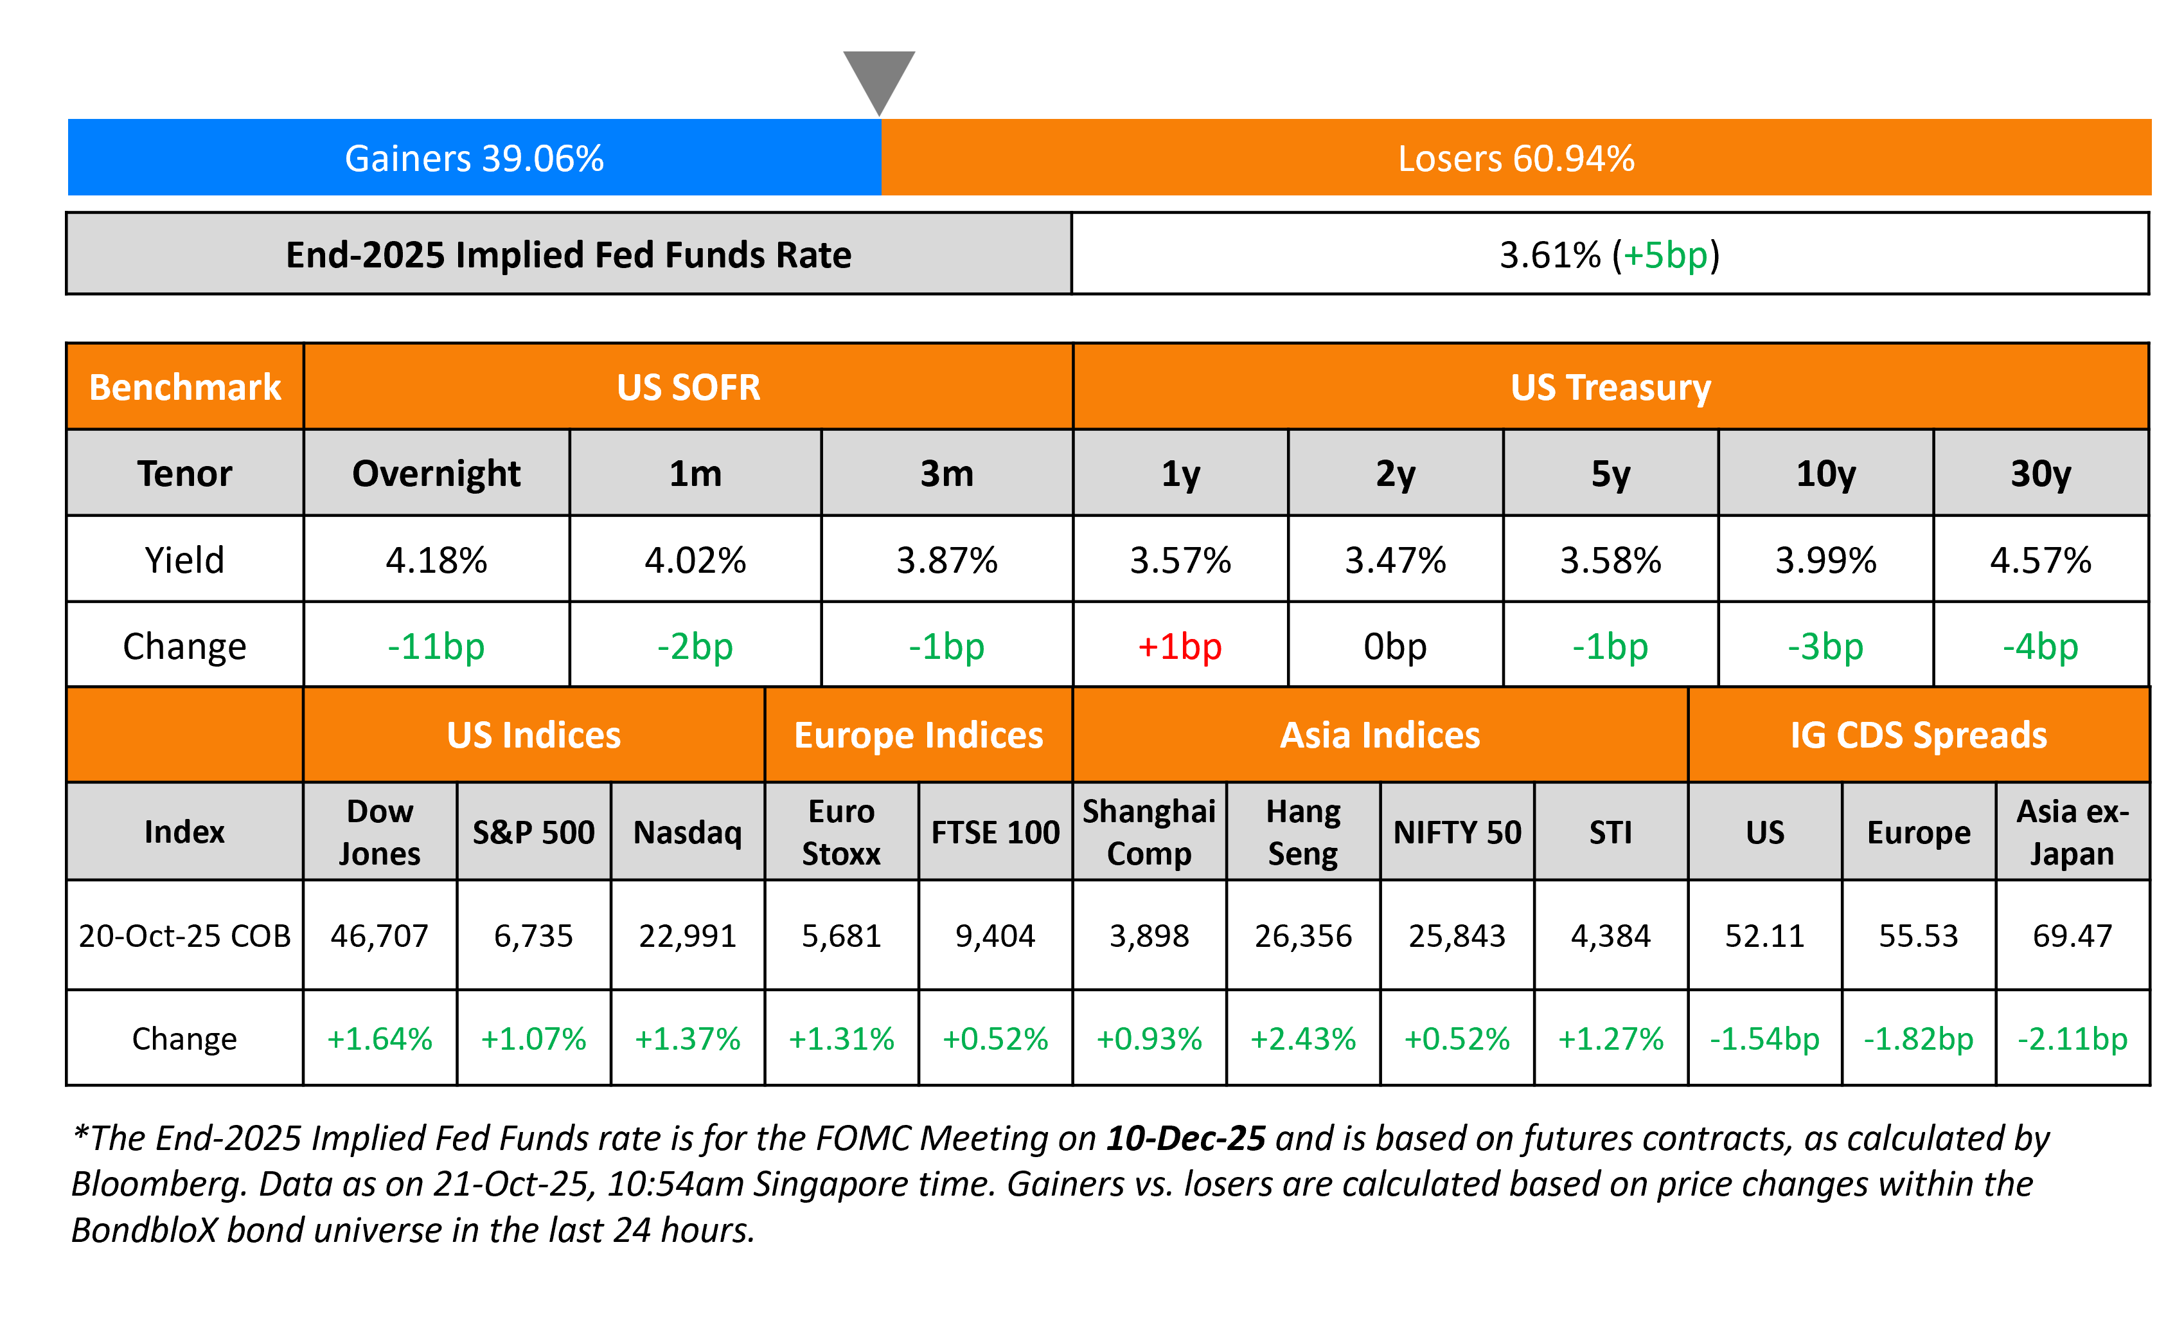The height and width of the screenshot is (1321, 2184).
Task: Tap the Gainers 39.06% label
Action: click(x=474, y=159)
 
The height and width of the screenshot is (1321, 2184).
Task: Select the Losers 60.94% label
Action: click(x=1516, y=159)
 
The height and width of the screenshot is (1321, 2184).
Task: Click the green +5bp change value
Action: click(x=1665, y=255)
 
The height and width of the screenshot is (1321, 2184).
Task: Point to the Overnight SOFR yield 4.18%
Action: click(x=436, y=561)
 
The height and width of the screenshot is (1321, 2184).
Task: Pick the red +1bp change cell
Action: click(x=1180, y=646)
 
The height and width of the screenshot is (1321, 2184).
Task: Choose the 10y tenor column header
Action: click(x=1825, y=473)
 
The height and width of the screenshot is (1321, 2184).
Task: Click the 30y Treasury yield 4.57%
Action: click(x=2041, y=561)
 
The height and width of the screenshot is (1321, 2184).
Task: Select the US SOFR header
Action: click(x=689, y=388)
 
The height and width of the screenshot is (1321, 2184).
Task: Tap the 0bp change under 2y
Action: click(x=1395, y=646)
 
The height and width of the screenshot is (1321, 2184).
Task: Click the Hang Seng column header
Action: click(x=1303, y=832)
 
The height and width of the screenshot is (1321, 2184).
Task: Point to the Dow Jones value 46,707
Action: click(x=379, y=935)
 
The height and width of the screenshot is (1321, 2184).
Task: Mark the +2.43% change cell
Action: click(x=1303, y=1038)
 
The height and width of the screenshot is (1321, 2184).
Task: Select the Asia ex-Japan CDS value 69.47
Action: click(x=2072, y=935)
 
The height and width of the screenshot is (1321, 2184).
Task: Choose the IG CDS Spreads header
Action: click(x=1918, y=735)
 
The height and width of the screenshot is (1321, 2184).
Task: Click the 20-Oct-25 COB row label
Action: click(x=184, y=935)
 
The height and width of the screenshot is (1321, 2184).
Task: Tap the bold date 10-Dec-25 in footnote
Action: click(x=1185, y=1138)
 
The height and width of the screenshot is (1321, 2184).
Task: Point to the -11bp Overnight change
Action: click(x=436, y=646)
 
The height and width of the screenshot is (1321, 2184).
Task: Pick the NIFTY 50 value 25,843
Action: click(x=1457, y=935)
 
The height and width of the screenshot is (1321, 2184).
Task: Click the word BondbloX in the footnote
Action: click(x=143, y=1230)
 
